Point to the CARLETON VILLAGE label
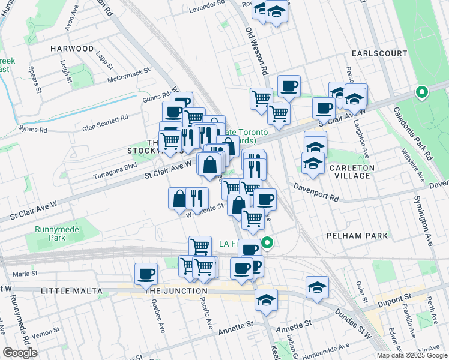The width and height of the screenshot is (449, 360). tap(359, 172)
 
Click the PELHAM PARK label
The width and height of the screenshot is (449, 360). tap(357, 236)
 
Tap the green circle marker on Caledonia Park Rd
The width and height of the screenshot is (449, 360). tap(421, 92)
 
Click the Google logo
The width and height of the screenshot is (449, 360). tap(20, 353)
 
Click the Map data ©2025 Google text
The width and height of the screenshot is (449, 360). tap(411, 355)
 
